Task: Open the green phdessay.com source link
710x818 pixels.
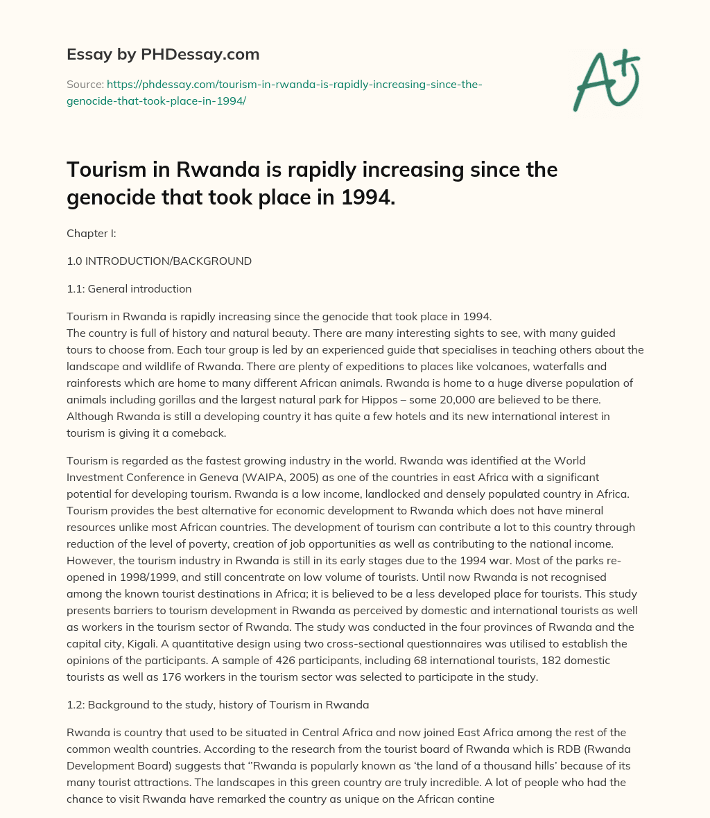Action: pyautogui.click(x=275, y=92)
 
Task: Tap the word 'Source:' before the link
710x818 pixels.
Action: pyautogui.click(x=84, y=85)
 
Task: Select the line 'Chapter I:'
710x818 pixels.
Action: pyautogui.click(x=91, y=234)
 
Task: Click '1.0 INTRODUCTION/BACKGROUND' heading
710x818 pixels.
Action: pyautogui.click(x=159, y=261)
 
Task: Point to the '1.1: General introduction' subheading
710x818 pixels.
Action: pyautogui.click(x=129, y=288)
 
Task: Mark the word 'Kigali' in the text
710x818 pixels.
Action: pyautogui.click(x=136, y=644)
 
